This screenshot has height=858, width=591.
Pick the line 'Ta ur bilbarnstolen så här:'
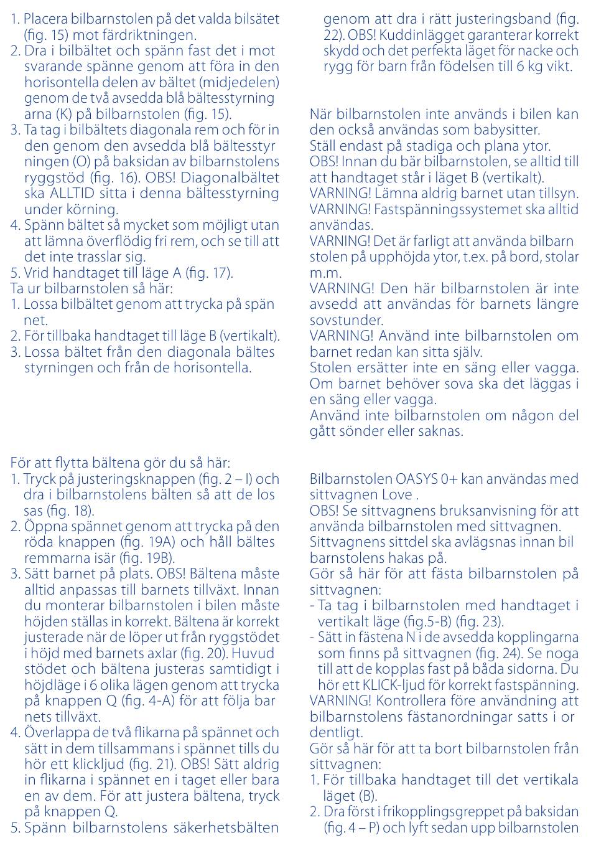91,288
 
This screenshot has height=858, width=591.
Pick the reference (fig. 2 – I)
226,479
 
